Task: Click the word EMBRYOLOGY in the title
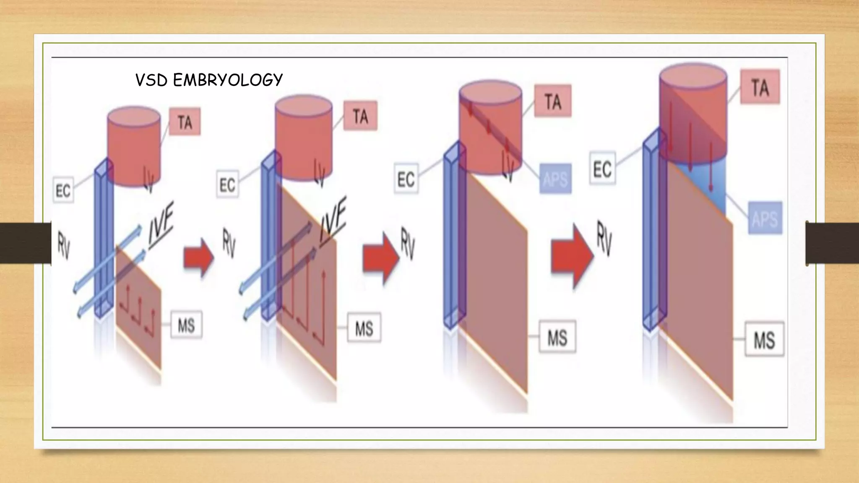228,80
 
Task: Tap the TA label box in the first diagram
185,122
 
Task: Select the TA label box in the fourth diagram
760,87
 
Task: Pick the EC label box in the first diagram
63,190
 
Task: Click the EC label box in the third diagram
406,179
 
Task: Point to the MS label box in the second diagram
364,328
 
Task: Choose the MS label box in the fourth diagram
764,339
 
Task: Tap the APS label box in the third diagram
555,179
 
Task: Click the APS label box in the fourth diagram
765,218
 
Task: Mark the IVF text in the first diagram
161,226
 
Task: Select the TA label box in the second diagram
360,116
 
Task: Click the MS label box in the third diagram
557,337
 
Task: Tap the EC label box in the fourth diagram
602,169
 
